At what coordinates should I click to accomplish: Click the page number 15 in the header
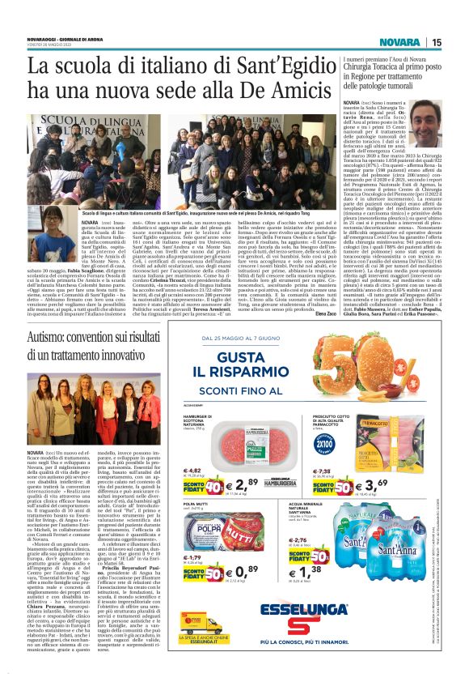[436, 42]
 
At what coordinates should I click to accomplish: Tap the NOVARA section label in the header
[401, 42]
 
